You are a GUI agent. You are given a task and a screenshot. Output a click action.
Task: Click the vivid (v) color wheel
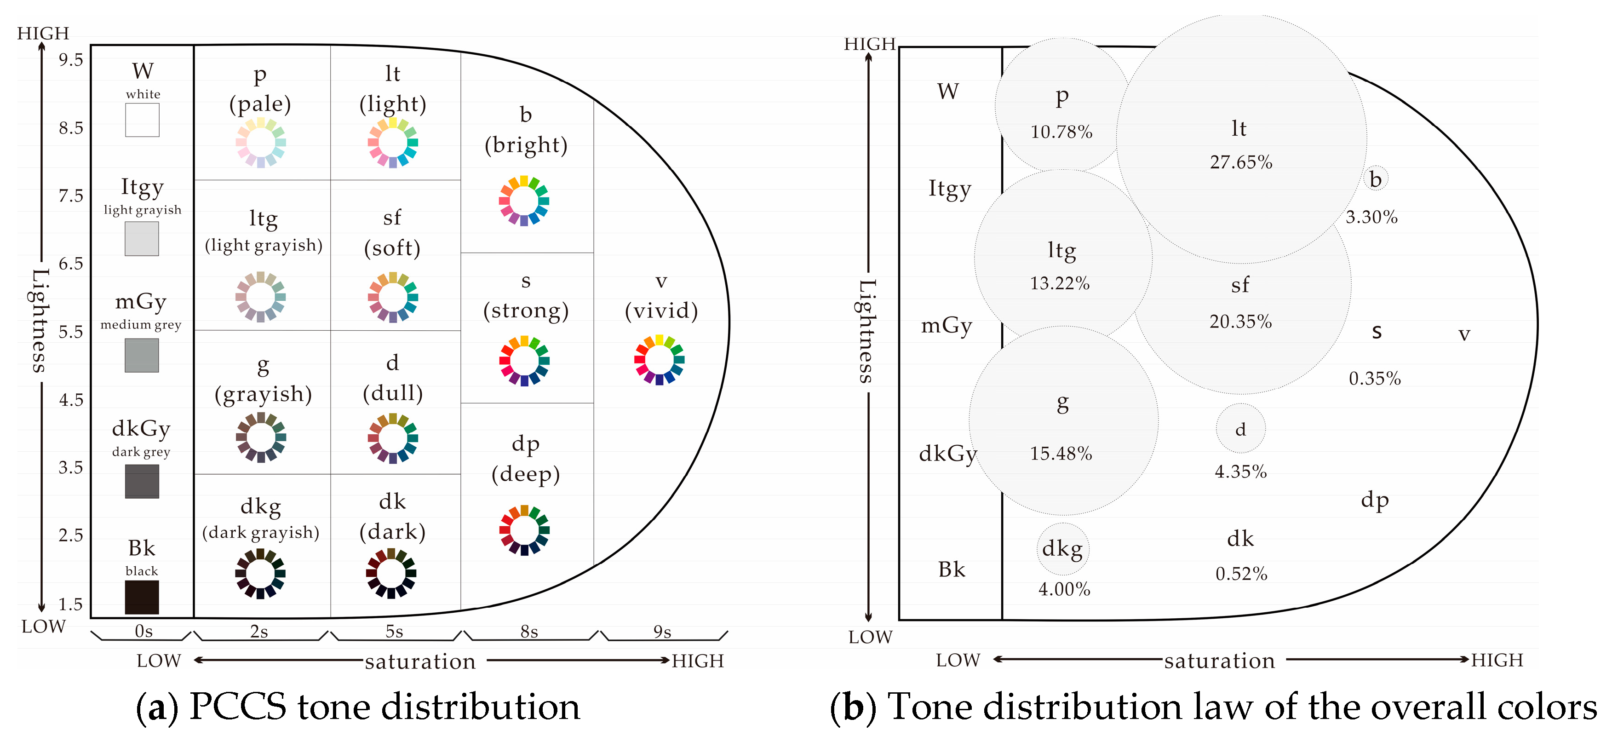[x=659, y=359]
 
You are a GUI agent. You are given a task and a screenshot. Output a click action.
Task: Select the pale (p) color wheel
[x=261, y=143]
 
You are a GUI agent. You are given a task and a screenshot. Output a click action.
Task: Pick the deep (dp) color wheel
[x=524, y=530]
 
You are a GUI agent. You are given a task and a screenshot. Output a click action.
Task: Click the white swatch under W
[x=142, y=120]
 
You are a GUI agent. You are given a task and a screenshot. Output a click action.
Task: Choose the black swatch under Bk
[x=142, y=597]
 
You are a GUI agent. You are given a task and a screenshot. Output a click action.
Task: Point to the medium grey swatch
[x=142, y=355]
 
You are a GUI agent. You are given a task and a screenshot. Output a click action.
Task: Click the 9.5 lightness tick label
[x=71, y=60]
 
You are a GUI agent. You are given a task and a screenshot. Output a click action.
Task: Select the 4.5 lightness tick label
[x=71, y=399]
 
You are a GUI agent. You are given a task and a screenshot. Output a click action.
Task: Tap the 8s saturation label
[x=529, y=631]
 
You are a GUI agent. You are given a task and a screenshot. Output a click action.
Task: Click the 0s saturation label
[x=143, y=631]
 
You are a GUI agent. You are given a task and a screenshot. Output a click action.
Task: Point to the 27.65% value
[x=1241, y=162]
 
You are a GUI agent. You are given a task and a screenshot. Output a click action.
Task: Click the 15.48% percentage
[x=1061, y=453]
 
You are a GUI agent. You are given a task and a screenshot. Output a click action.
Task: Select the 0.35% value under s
[x=1375, y=378]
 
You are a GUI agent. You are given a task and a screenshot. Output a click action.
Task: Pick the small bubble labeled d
[x=1240, y=429]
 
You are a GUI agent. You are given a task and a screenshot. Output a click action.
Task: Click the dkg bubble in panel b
[x=1062, y=548]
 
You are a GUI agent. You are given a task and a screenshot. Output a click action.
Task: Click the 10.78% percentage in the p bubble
[x=1061, y=132]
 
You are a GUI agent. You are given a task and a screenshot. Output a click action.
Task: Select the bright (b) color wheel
[x=524, y=201]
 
